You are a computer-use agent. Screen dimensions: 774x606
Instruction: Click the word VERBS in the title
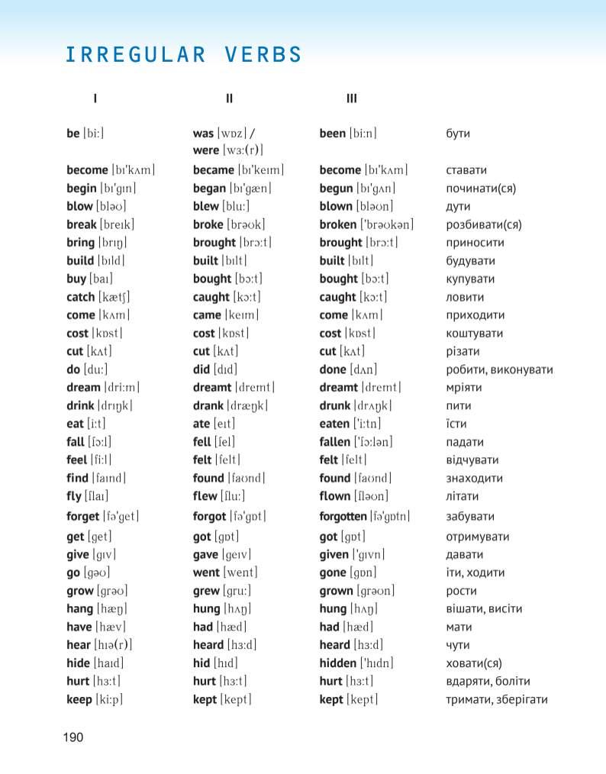(x=264, y=55)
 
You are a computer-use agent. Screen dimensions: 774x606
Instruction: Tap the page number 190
(x=73, y=737)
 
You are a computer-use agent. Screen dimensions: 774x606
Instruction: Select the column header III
(x=351, y=98)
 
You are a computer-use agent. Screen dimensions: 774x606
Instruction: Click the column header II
(x=229, y=98)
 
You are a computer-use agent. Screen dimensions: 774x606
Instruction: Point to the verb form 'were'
(x=205, y=150)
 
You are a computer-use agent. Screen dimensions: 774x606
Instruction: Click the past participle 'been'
(x=332, y=134)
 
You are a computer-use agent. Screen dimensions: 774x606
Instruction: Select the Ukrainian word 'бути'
(x=458, y=134)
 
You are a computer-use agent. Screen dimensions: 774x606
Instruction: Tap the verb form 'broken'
(x=337, y=224)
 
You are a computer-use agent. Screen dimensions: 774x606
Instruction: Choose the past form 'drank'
(x=208, y=406)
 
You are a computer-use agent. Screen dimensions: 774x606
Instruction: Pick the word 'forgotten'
(x=343, y=517)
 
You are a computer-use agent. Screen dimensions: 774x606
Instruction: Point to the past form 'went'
(x=206, y=572)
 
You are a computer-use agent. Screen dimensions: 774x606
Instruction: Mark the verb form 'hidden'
(x=337, y=663)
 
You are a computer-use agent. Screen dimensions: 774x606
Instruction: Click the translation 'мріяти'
(x=464, y=388)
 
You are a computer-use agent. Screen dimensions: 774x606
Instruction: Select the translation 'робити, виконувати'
(x=499, y=369)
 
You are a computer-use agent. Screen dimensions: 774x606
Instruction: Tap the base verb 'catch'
(x=81, y=297)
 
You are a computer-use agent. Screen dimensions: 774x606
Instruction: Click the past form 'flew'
(x=205, y=497)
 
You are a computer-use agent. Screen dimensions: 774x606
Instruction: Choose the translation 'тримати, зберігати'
(x=496, y=700)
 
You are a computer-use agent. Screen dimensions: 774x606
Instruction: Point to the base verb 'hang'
(x=79, y=609)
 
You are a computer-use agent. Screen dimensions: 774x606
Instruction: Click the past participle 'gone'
(x=333, y=572)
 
